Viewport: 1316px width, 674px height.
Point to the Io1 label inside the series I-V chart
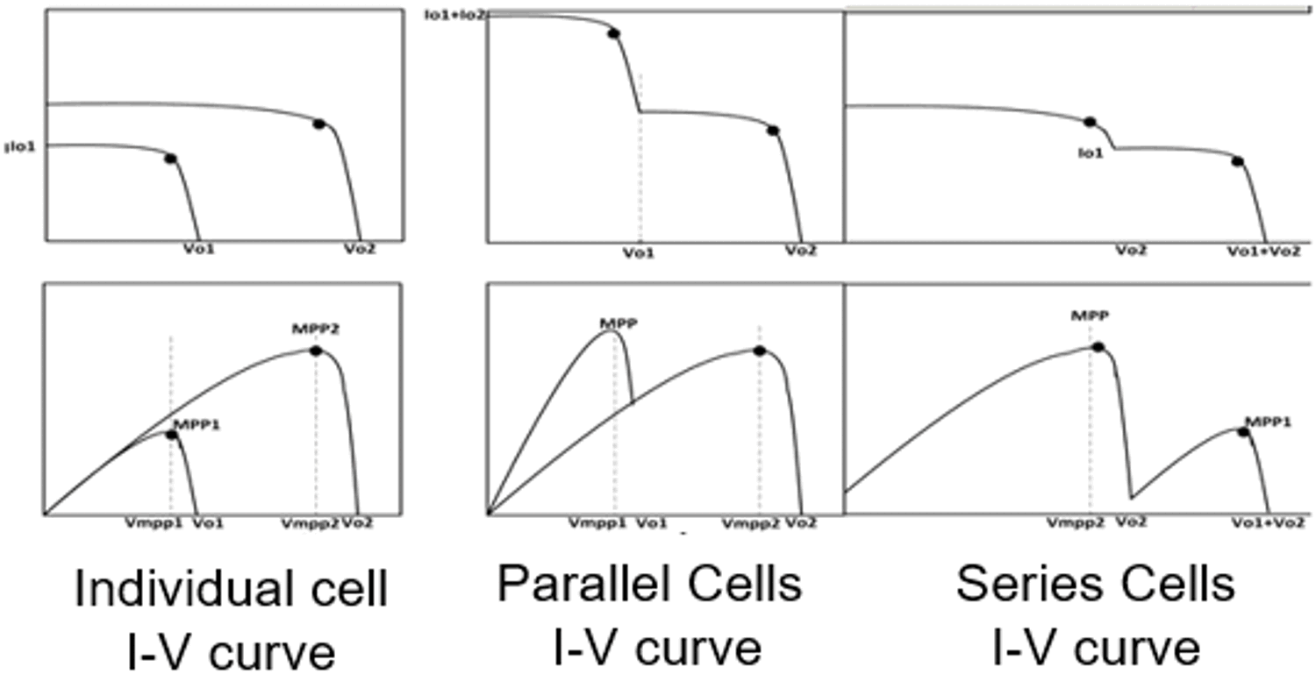pos(1091,152)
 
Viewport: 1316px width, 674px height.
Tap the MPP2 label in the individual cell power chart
pos(315,329)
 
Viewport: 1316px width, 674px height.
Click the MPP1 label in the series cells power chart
pos(1268,422)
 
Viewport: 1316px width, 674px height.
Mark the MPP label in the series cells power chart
pos(1090,316)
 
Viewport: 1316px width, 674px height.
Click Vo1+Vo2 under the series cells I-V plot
pos(1263,251)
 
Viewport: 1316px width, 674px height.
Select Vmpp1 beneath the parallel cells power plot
pos(591,522)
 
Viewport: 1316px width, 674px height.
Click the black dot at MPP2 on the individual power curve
pos(316,351)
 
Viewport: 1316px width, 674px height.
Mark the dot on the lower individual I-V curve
pos(170,159)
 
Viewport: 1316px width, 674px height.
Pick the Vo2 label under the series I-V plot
pos(1130,251)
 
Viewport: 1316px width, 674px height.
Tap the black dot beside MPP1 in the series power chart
pos(1243,432)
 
